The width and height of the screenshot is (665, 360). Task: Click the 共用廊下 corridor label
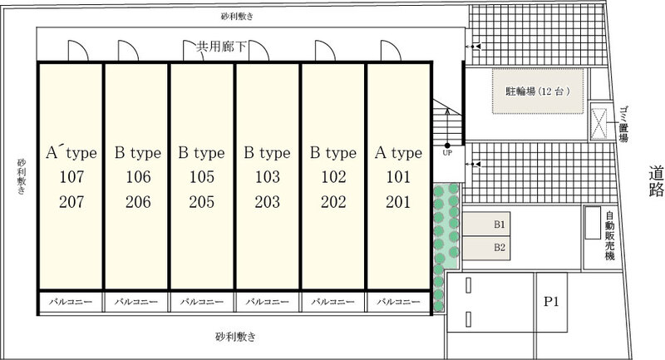pyautogui.click(x=221, y=47)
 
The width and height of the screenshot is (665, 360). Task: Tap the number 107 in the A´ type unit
pyautogui.click(x=71, y=177)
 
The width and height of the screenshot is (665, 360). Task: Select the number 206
pyautogui.click(x=138, y=202)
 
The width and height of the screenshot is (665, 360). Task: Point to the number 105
pyautogui.click(x=201, y=177)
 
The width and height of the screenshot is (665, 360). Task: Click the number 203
pyautogui.click(x=267, y=202)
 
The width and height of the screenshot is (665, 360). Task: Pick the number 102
pyautogui.click(x=333, y=177)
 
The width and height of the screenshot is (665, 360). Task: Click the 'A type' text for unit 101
pyautogui.click(x=398, y=153)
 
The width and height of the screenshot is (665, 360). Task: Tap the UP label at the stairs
pyautogui.click(x=447, y=153)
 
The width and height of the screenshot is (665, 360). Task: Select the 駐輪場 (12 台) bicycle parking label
pyautogui.click(x=537, y=91)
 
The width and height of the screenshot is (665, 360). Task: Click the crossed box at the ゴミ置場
pyautogui.click(x=598, y=124)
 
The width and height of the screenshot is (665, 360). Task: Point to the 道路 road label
pyautogui.click(x=656, y=182)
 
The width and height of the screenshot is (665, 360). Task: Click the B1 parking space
pyautogui.click(x=486, y=224)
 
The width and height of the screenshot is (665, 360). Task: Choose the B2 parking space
pyautogui.click(x=486, y=248)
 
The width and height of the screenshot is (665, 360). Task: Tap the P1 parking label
pyautogui.click(x=551, y=302)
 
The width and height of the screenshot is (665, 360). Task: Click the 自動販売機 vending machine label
pyautogui.click(x=610, y=236)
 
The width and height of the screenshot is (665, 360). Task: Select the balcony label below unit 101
pyautogui.click(x=398, y=302)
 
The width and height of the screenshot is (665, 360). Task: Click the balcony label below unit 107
pyautogui.click(x=71, y=302)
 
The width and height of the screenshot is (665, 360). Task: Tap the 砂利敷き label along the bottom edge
pyautogui.click(x=235, y=337)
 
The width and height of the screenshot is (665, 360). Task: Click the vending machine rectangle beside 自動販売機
pyautogui.click(x=593, y=223)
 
